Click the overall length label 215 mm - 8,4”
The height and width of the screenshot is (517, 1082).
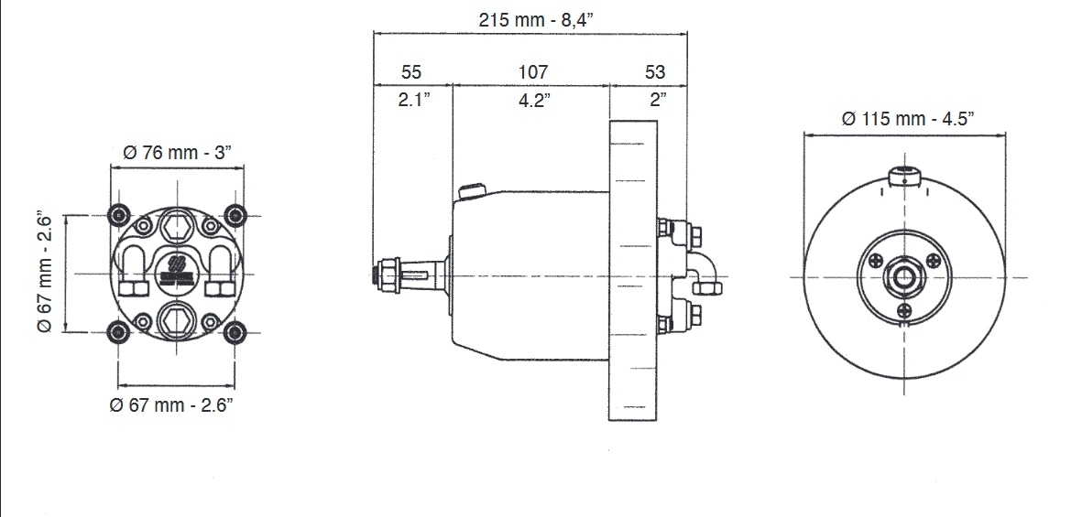[x=535, y=19]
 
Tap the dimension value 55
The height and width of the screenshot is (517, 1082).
[x=410, y=71]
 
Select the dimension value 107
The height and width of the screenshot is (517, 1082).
[x=532, y=71]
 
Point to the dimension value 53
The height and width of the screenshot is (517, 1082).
[x=655, y=71]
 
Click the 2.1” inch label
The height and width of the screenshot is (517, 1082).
[x=414, y=100]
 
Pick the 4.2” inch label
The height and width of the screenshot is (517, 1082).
[x=535, y=100]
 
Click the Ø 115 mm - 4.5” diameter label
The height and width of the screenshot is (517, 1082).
[x=907, y=119]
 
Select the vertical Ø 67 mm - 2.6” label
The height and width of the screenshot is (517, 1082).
[x=45, y=271]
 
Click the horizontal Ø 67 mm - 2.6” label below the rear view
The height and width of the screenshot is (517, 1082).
[x=171, y=404]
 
